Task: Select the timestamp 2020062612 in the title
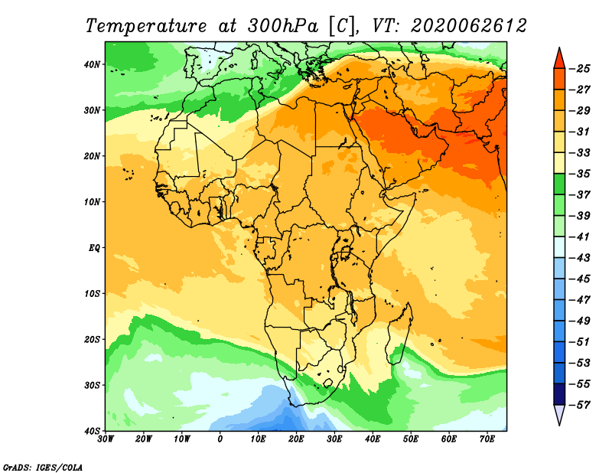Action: point(468,25)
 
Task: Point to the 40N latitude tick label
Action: point(91,64)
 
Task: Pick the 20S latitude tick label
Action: point(91,339)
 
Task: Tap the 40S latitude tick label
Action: point(91,430)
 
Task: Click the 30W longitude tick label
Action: point(106,439)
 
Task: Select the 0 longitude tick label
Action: point(220,439)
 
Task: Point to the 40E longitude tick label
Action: point(373,439)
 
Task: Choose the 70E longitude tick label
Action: point(487,439)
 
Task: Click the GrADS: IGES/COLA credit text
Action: point(43,466)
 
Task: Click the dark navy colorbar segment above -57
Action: point(558,393)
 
